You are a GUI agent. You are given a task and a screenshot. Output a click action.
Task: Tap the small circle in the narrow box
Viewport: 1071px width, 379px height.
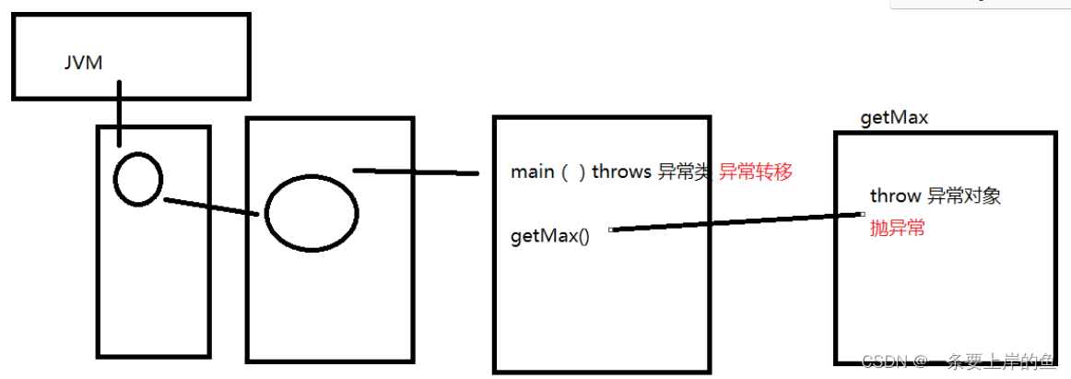138,179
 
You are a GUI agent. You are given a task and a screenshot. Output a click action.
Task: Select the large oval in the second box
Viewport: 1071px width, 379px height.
312,212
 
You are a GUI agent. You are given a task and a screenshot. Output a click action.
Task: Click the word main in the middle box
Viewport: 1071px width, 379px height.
533,172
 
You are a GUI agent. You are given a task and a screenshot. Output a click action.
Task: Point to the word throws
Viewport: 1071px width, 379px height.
621,172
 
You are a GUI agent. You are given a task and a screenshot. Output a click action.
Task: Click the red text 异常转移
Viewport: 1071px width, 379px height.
755,172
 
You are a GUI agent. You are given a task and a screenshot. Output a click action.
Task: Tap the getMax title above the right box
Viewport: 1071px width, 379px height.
893,118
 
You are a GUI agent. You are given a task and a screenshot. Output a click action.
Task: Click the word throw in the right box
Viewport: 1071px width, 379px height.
895,195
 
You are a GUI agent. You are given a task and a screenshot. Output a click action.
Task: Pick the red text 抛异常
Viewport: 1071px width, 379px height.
897,229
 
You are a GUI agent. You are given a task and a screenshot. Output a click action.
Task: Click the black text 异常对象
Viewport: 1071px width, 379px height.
963,195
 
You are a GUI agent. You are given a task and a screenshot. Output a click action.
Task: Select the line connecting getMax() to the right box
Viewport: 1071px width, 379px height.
737,222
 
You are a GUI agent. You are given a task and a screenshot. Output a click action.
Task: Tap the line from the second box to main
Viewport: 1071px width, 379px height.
415,172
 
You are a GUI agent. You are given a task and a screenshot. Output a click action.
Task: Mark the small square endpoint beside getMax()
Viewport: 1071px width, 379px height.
611,230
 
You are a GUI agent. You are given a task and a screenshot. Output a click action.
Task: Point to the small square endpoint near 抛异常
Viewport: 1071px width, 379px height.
862,214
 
